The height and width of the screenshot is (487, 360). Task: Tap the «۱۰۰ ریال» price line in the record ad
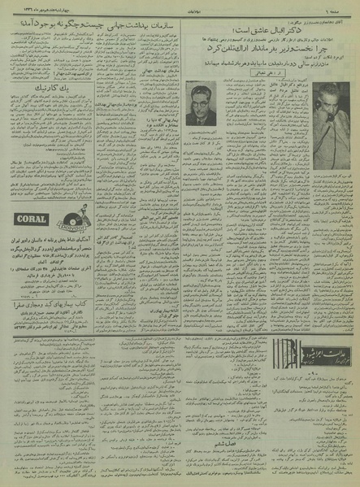coord(50,289)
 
